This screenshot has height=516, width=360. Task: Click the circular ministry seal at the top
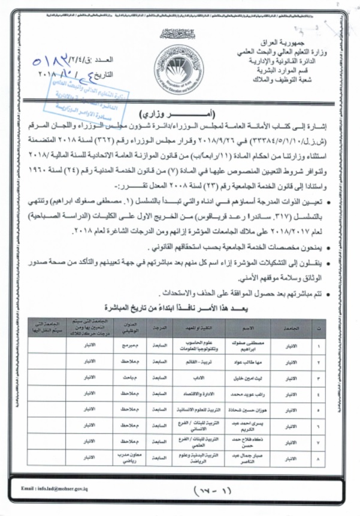tap(178, 68)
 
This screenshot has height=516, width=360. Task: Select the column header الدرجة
tap(158, 328)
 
